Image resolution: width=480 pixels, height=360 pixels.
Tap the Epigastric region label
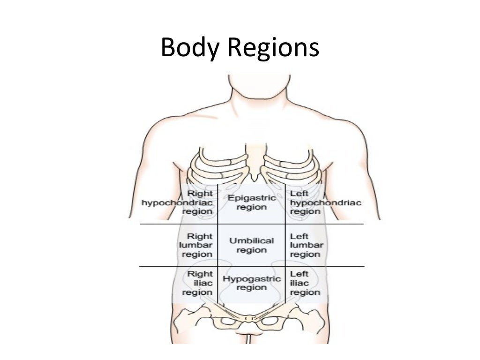click(x=251, y=202)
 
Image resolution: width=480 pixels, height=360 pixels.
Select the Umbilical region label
click(x=251, y=245)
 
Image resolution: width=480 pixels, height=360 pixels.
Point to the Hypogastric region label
click(x=251, y=283)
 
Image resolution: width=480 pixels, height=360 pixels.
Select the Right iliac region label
click(x=197, y=283)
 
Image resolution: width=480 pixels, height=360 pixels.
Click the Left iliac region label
click(x=305, y=283)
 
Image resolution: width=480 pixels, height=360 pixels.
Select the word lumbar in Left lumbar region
click(x=306, y=245)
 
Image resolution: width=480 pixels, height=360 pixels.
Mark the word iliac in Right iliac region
click(x=203, y=283)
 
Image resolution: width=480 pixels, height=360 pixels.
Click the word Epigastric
click(x=251, y=198)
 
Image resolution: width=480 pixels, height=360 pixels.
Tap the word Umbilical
click(x=251, y=241)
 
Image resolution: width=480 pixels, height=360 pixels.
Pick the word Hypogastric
click(x=251, y=279)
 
